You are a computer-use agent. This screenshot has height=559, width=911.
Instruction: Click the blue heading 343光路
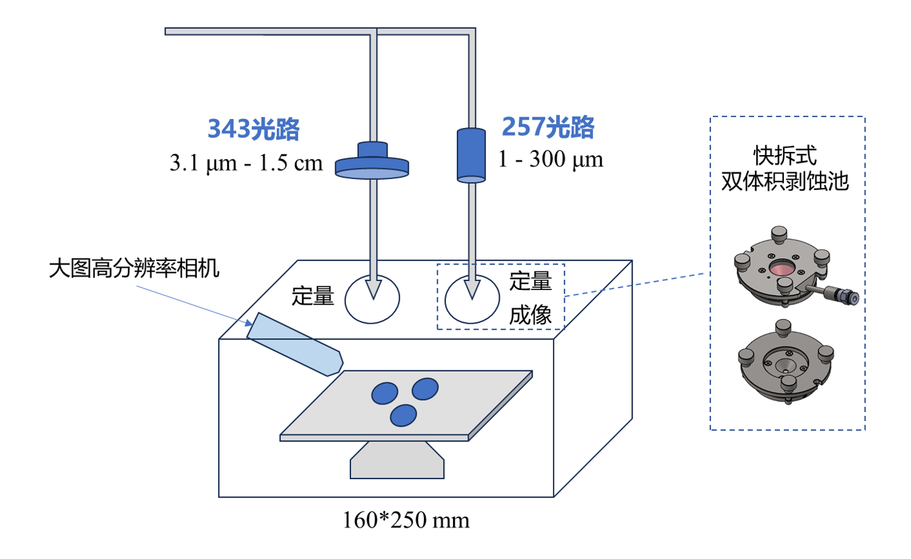click(254, 129)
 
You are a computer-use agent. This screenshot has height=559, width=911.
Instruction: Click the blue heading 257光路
click(548, 127)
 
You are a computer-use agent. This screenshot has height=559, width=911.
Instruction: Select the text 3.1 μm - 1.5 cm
click(246, 163)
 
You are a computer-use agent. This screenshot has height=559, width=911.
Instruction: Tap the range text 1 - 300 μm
click(550, 160)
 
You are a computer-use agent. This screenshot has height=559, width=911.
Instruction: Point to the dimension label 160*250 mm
click(406, 520)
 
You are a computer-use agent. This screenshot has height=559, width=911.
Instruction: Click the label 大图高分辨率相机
click(134, 268)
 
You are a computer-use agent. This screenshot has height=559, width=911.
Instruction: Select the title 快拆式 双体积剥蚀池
click(785, 168)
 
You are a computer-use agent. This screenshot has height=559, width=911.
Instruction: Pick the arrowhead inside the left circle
click(373, 289)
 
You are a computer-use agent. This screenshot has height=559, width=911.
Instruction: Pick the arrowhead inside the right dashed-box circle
click(472, 289)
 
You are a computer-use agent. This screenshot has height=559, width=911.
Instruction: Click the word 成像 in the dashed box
click(530, 315)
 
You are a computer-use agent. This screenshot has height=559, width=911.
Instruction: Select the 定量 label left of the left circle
click(313, 296)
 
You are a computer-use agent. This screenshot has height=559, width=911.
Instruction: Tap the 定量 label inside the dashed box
click(530, 281)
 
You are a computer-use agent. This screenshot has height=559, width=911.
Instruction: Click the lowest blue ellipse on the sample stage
click(403, 416)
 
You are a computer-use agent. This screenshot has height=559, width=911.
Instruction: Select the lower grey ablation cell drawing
click(786, 363)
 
